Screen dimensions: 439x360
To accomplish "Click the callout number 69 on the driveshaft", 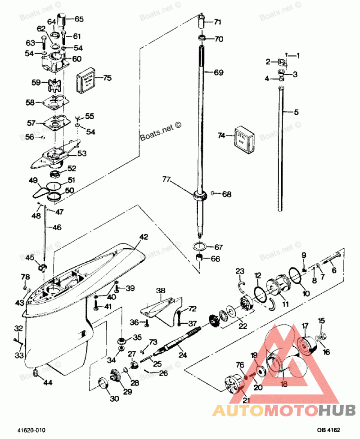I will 218,72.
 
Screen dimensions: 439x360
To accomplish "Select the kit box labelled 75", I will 88,81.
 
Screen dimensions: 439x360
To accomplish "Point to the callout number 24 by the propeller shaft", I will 183,354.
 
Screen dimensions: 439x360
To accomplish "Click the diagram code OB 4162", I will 329,430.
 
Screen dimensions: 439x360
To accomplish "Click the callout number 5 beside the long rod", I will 296,112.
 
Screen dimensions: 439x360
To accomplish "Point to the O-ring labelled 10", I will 294,275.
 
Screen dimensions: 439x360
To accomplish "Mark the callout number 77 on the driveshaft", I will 167,180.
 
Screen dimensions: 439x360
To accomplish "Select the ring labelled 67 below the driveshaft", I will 201,247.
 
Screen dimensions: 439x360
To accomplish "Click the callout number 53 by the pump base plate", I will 82,154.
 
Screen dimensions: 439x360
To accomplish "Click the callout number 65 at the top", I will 79,19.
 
